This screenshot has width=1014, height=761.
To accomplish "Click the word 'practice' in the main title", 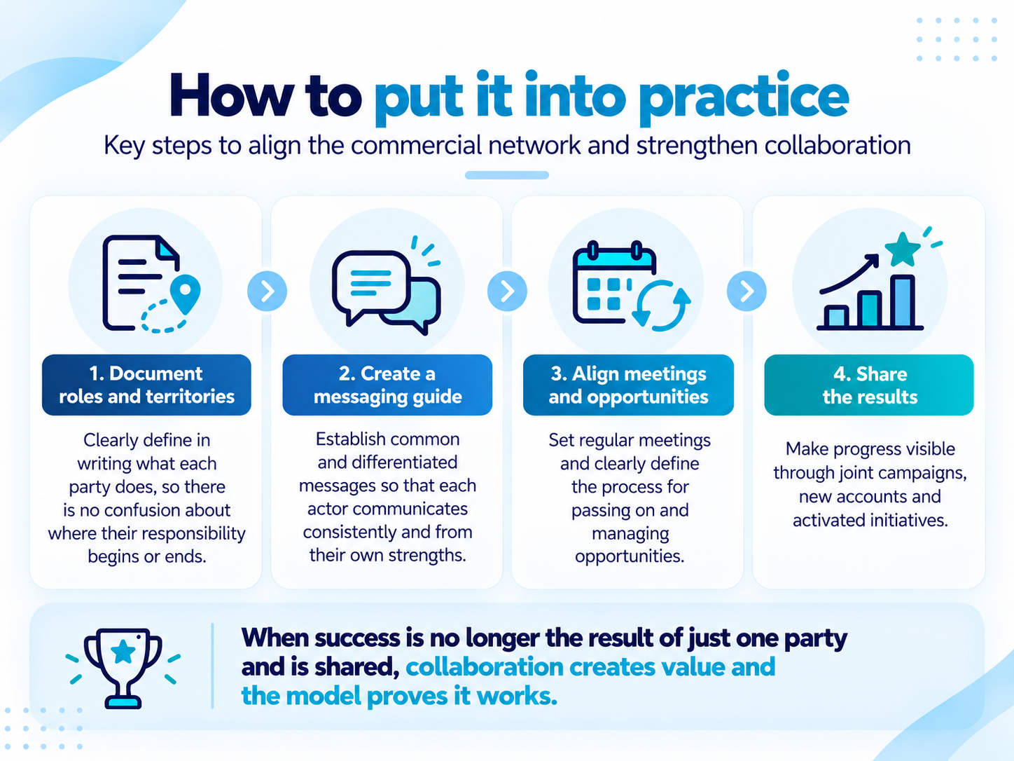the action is pos(744,98).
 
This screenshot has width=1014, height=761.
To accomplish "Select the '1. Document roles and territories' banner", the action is pos(146,385).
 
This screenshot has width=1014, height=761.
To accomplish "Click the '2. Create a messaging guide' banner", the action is pos(387,385).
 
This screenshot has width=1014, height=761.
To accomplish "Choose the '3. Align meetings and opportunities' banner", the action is pos(628,385).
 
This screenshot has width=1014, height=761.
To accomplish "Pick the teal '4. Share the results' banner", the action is pos(869,385).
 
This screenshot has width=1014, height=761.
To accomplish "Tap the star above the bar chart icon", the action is pos(902,249).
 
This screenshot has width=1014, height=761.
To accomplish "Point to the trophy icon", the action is pos(123,668).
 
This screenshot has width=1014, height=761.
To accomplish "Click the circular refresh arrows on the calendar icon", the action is pos(661,306).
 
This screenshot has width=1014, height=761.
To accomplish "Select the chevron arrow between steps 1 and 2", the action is pos(267,291).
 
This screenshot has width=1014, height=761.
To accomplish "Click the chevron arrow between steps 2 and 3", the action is pos(507,291).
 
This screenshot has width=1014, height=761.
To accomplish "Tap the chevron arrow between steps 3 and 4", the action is pos(746,291).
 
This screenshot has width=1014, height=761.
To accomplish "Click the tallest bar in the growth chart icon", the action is pos(903,301).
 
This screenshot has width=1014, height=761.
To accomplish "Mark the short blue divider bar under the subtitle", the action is pos(507,175).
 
